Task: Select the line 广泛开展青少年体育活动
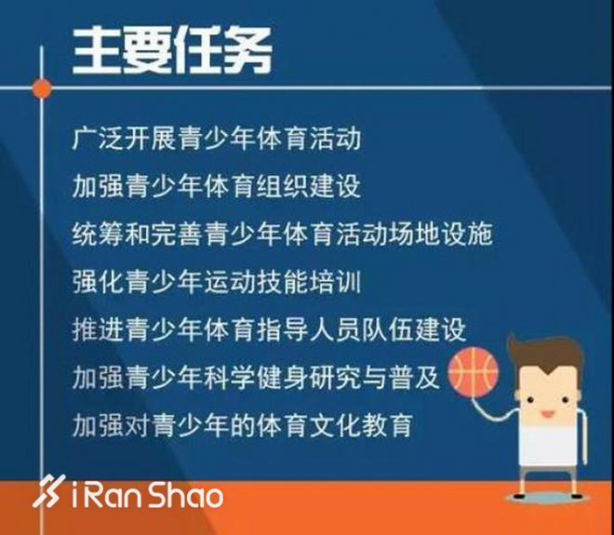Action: [216, 140]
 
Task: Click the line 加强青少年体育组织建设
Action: [216, 186]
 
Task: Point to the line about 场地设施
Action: [282, 233]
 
